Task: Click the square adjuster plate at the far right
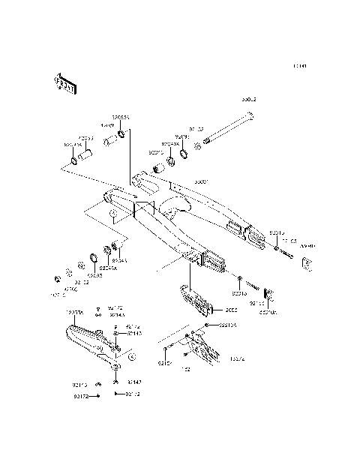tap(306, 262)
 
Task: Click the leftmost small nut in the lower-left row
tap(57, 280)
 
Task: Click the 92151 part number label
tap(163, 363)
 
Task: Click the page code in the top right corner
tap(299, 66)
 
